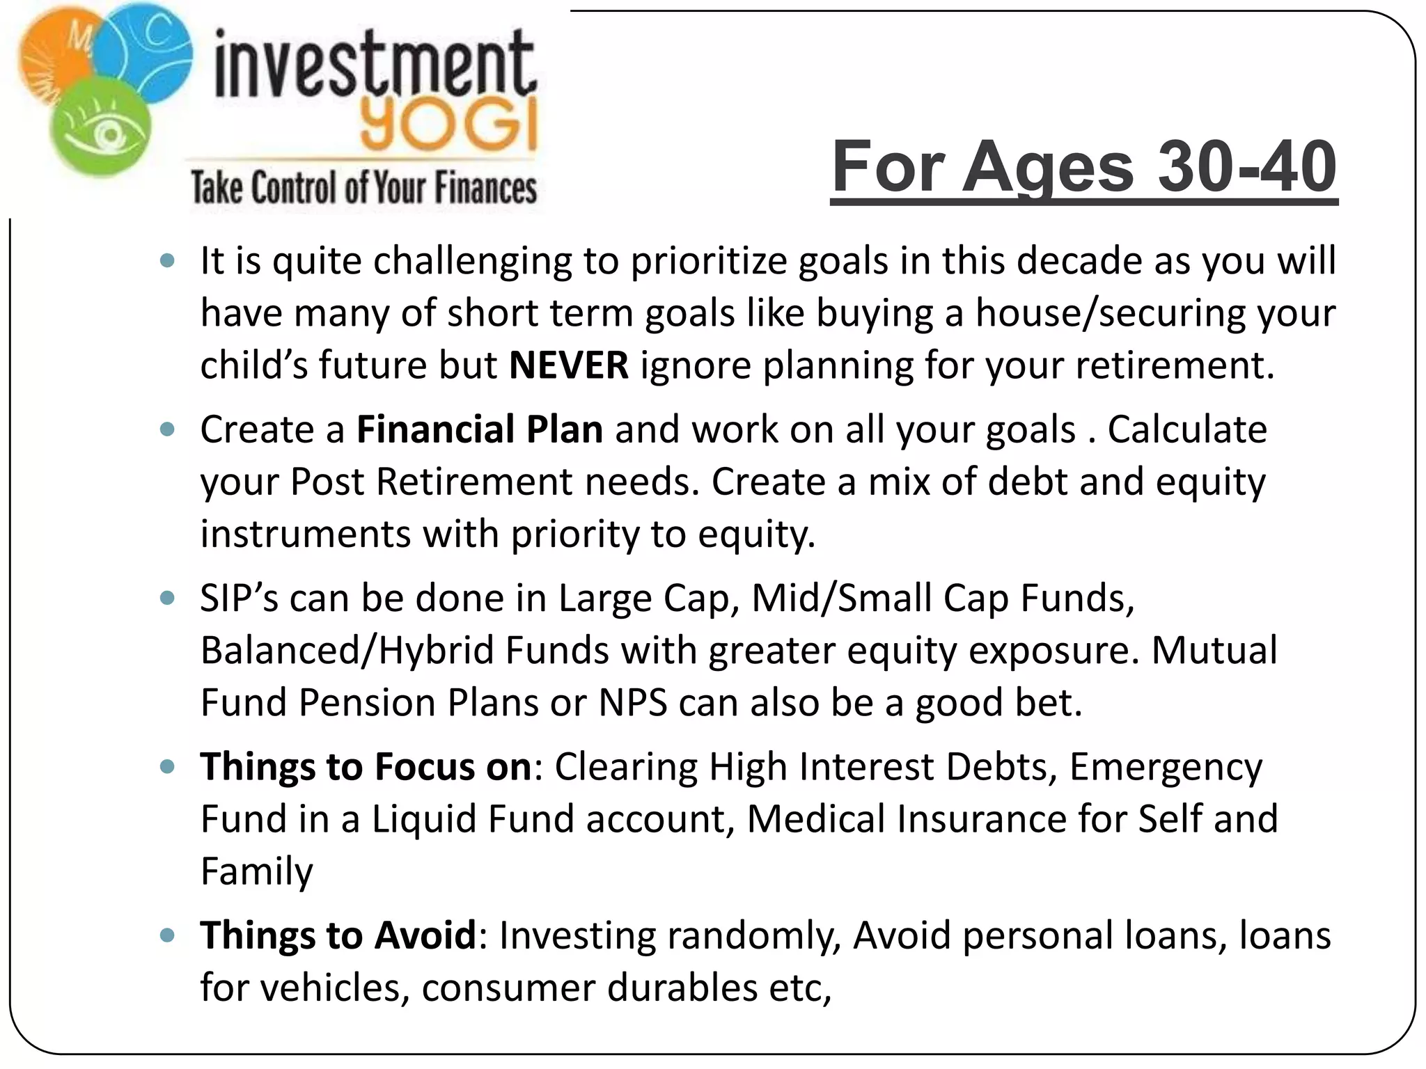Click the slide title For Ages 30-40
pyautogui.click(x=1083, y=167)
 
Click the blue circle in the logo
pyautogui.click(x=146, y=49)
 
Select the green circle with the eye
pyautogui.click(x=101, y=129)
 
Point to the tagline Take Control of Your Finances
pyautogui.click(x=363, y=188)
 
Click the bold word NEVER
pyautogui.click(x=569, y=365)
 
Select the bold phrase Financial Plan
pyautogui.click(x=480, y=429)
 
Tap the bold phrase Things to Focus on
pyautogui.click(x=366, y=767)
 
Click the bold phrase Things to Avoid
pyautogui.click(x=338, y=935)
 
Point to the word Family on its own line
pyautogui.click(x=257, y=871)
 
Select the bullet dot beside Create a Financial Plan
pyautogui.click(x=167, y=429)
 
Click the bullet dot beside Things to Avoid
pyautogui.click(x=167, y=935)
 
